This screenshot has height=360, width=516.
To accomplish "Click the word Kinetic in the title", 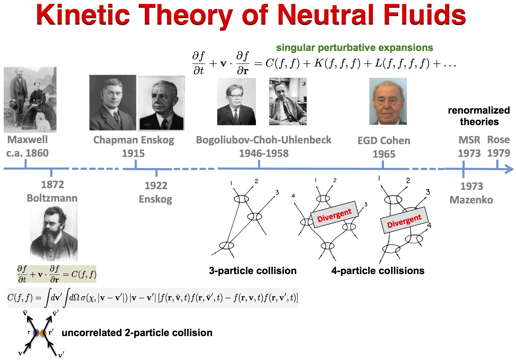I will click(83, 15).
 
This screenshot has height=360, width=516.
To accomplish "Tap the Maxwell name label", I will click(27, 140).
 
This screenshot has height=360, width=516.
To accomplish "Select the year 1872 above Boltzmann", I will click(52, 184).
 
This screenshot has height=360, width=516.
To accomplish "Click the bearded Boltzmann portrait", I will click(54, 232).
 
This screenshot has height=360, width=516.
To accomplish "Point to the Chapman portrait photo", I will click(113, 103).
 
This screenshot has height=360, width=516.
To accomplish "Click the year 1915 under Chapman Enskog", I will click(133, 153).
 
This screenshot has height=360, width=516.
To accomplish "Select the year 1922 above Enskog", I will click(156, 185).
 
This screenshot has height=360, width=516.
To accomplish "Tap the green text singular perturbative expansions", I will click(354, 47).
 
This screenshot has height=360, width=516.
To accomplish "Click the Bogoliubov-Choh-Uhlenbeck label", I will click(263, 140).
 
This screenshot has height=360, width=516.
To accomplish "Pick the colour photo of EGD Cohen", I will click(388, 101).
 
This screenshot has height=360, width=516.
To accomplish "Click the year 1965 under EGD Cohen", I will click(384, 154).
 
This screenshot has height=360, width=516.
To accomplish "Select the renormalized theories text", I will click(479, 116).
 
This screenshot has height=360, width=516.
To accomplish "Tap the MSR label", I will click(469, 140).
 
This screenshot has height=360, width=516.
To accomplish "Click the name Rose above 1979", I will click(498, 139).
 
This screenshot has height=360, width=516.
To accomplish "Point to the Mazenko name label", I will click(471, 200).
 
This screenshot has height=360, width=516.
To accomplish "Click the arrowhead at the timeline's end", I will click(509, 169).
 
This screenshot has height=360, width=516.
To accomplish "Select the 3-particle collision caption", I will click(253, 271).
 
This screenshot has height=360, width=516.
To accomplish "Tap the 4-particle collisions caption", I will click(378, 271).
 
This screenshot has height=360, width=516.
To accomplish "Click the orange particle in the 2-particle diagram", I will click(43, 333).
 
